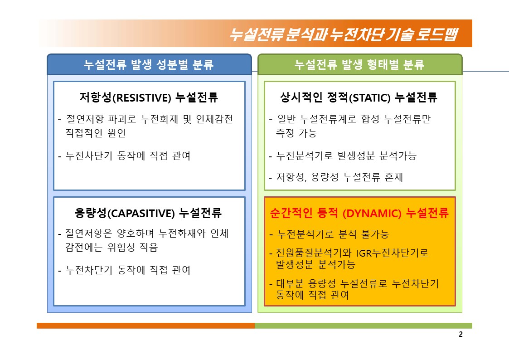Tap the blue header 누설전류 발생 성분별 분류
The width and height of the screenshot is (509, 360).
click(149, 64)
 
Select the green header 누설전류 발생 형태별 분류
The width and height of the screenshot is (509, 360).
click(360, 64)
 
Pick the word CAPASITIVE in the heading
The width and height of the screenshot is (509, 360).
click(141, 213)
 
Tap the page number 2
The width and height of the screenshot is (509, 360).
click(461, 334)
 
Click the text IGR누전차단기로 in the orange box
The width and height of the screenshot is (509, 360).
click(393, 253)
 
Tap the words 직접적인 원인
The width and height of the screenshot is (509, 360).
click(96, 133)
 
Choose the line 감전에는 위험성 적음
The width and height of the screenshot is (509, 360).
click(111, 248)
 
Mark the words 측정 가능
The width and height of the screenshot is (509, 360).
click(296, 133)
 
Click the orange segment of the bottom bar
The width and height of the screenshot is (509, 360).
click(146, 326)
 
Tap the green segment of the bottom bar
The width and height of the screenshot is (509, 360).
click(364, 326)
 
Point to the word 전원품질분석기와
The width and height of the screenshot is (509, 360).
click(314, 253)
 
